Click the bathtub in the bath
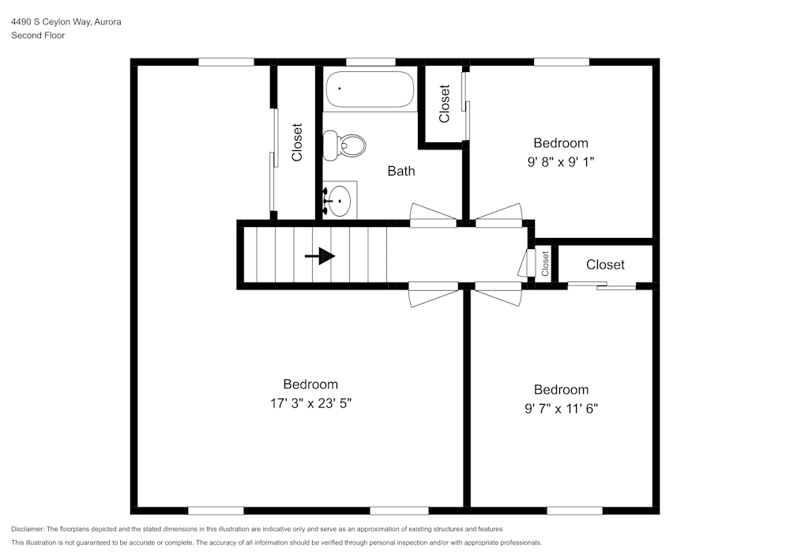tap(371, 89)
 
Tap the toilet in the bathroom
tap(345, 145)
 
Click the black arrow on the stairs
tap(320, 256)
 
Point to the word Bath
tap(401, 171)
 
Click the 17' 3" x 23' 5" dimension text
tap(310, 403)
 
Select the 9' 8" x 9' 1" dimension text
tap(561, 162)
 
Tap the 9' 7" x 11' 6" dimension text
tap(561, 409)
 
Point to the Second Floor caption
tap(38, 36)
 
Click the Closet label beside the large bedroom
tap(297, 142)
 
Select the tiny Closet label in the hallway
tap(545, 264)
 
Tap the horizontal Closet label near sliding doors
tap(605, 265)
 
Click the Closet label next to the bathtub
tap(444, 104)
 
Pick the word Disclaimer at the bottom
tap(28, 529)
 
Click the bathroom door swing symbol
tap(433, 215)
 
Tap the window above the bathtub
tap(371, 62)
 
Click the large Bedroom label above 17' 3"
tap(310, 384)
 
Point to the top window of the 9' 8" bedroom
tap(561, 62)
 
